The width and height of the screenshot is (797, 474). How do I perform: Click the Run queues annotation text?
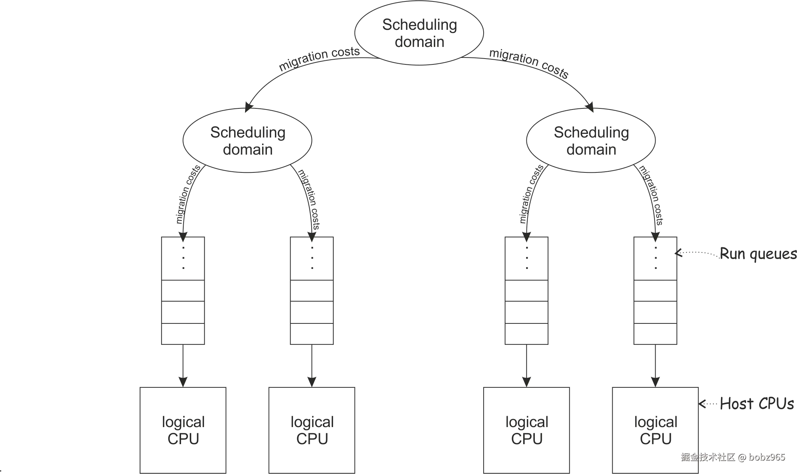758,254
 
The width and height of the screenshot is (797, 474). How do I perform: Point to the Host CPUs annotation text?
757,404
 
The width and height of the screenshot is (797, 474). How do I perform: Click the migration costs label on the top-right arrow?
529,63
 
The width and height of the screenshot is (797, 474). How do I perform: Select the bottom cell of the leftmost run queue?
183,334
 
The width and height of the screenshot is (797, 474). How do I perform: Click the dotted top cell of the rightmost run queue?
655,259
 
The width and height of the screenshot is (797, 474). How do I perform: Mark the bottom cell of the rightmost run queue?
655,334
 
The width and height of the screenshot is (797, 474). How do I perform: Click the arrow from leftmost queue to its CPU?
183,366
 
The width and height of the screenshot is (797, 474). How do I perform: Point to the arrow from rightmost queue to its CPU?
655,366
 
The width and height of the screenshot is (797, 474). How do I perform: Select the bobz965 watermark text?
767,457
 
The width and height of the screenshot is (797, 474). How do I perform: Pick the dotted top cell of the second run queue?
312,259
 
